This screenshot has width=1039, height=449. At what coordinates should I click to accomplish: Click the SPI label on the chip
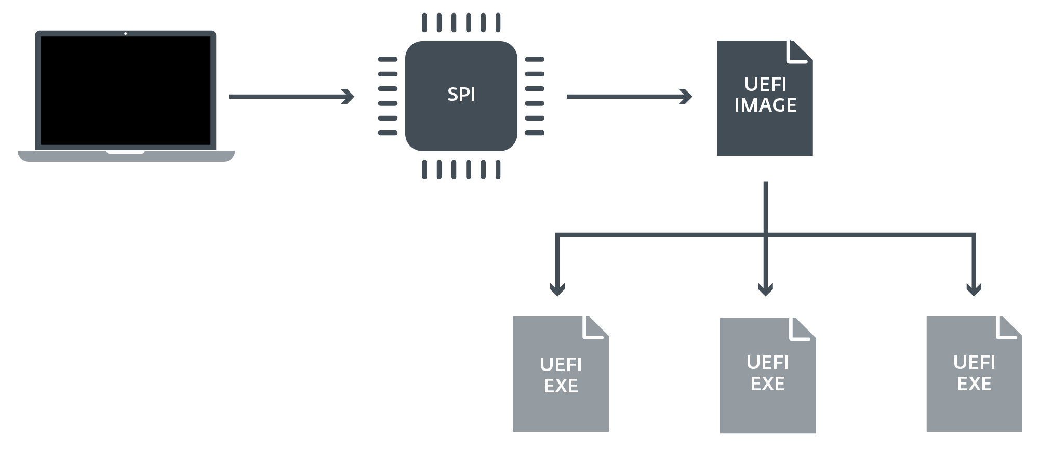(x=461, y=95)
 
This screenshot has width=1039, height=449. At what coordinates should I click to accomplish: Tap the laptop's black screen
(x=125, y=91)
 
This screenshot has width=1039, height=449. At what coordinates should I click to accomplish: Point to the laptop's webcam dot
(x=126, y=34)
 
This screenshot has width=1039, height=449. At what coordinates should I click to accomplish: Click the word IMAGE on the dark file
(x=765, y=105)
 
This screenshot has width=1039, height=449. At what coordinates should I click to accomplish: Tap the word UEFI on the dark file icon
(x=765, y=84)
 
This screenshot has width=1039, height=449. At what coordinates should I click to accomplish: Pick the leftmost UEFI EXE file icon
(x=561, y=374)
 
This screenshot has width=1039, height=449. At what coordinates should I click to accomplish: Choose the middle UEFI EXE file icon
(x=767, y=375)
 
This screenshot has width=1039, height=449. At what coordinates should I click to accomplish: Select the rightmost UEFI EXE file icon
(x=974, y=374)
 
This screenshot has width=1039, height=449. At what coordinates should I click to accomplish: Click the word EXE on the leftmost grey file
(x=561, y=386)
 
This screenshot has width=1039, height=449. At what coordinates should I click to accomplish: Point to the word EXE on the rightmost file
(x=974, y=384)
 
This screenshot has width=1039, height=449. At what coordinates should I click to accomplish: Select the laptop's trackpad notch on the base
(x=126, y=152)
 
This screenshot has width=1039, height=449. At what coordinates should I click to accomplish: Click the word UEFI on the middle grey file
(x=767, y=363)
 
